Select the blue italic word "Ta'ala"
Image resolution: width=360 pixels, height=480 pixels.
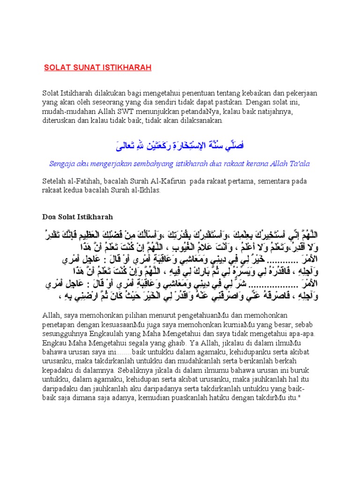(x=298, y=164)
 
